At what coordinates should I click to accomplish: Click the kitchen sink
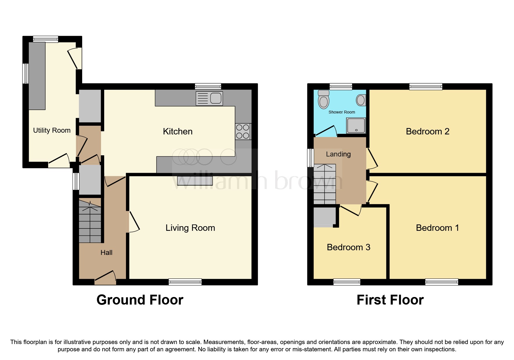pos(209,98)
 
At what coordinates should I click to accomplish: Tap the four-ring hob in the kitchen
pos(243,132)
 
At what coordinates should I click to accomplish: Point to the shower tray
pos(356,125)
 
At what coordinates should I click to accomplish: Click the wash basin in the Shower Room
pos(361,100)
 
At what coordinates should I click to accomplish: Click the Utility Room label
pos(52,130)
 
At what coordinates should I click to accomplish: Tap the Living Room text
pos(190,228)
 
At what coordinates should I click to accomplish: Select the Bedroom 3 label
pos(348,247)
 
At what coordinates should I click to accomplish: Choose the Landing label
pos(338,154)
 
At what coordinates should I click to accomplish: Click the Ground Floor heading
pos(140,300)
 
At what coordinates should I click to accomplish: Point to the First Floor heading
pos(390,300)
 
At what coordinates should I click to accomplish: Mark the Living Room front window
pos(185,282)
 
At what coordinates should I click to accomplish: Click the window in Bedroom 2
pos(426,86)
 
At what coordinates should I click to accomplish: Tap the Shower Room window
pos(341,86)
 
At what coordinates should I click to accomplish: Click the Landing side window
pos(311,158)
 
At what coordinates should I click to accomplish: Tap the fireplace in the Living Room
pos(195,181)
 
